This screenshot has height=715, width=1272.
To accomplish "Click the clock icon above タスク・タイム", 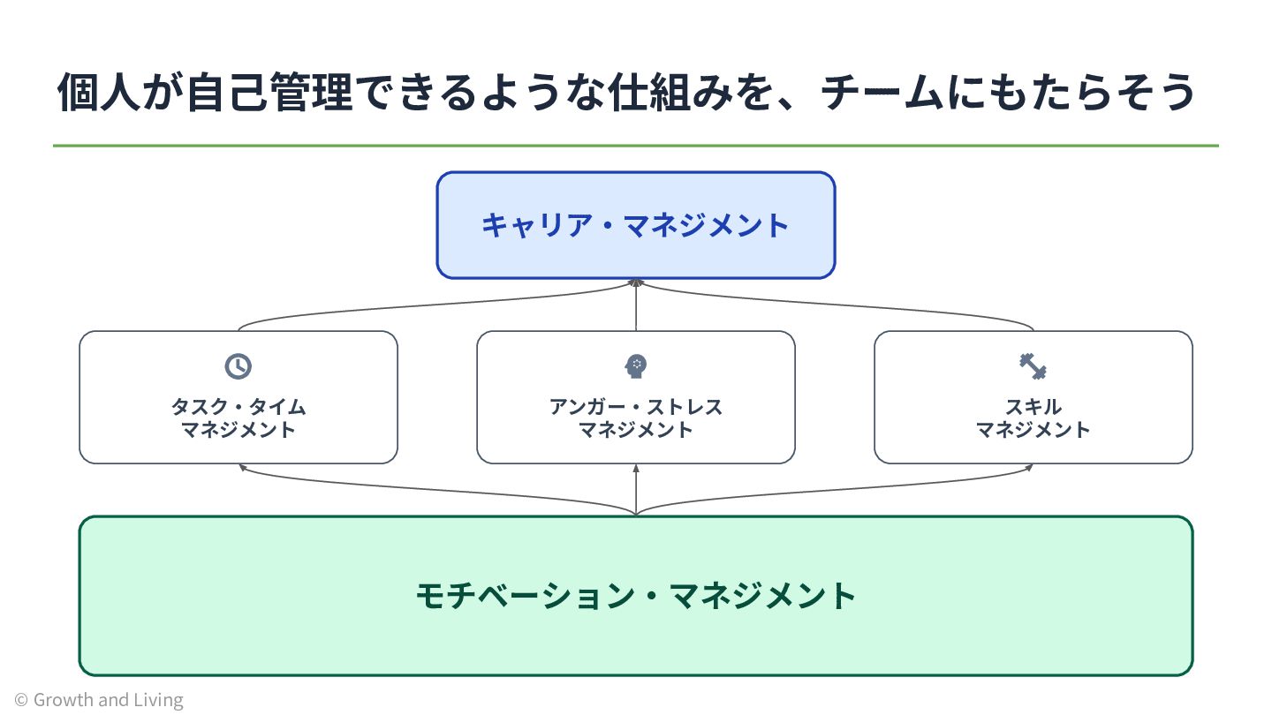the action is (x=238, y=366).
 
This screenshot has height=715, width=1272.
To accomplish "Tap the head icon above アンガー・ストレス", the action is (x=635, y=366).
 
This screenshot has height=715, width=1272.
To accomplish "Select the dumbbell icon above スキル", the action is (x=1033, y=366).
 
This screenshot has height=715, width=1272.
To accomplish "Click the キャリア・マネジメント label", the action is (x=635, y=225).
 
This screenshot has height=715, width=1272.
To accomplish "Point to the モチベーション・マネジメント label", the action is (x=636, y=596).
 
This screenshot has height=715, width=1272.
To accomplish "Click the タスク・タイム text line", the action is (x=238, y=407).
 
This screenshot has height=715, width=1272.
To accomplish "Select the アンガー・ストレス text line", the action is (x=636, y=407).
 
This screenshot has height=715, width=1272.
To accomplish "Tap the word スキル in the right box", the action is (x=1033, y=407).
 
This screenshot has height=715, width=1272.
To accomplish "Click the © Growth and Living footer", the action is (x=99, y=700).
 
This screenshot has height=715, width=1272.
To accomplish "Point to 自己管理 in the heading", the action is (x=269, y=92).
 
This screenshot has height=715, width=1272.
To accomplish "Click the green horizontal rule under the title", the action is (x=636, y=146).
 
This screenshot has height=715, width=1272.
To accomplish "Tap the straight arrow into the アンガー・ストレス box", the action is (x=636, y=489).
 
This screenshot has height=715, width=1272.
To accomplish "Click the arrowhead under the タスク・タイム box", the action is (x=242, y=467).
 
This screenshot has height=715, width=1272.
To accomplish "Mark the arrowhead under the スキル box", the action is (x=1029, y=467).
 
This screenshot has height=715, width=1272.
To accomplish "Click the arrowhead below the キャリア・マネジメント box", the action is (x=636, y=282).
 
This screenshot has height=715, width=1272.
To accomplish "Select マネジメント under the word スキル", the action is (x=1033, y=430).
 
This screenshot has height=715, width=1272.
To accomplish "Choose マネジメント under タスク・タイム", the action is (x=238, y=430).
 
